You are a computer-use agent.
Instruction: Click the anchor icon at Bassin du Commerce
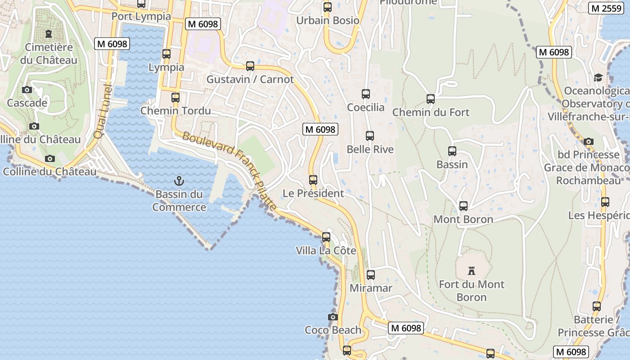coord(179,181)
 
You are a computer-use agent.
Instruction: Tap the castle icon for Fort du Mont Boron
coord(472,270)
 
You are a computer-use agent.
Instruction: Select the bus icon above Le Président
coord(313,180)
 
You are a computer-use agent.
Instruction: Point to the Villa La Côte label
coord(326,251)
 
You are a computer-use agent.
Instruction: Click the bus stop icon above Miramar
coord(371,274)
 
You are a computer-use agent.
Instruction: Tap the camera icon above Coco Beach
coord(333,317)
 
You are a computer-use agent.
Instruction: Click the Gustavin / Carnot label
coord(250,80)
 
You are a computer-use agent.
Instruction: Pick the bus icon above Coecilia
coord(366,94)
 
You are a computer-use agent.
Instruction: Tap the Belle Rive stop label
coord(370,149)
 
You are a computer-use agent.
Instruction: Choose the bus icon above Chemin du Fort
coord(431,99)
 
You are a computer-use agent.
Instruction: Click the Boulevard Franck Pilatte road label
coord(229,170)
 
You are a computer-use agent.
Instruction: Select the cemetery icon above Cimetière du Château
coord(49,34)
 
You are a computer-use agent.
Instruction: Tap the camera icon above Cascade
coord(27,90)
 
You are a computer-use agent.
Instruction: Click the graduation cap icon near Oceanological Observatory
coord(598,78)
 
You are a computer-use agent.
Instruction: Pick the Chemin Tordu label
coord(175,111)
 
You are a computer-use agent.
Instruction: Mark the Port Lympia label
coord(141,16)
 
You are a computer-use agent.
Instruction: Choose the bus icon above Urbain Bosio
coord(328,7)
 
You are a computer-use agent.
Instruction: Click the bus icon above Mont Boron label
coord(463,206)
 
